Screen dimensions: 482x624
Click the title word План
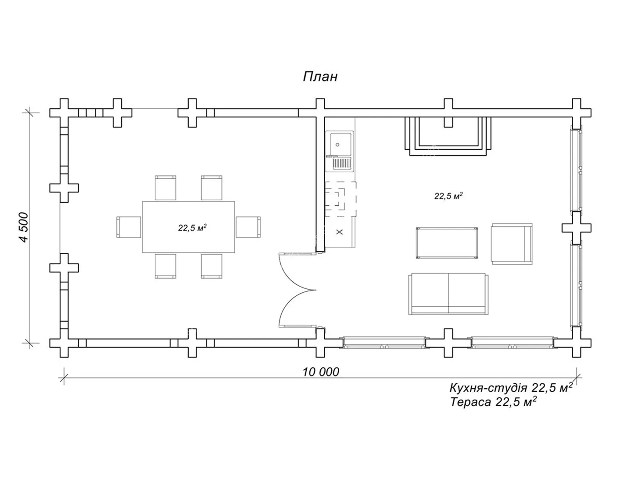[x=320, y=77]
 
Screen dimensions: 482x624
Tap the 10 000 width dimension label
[x=321, y=372]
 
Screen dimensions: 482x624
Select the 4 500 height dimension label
[x=24, y=227]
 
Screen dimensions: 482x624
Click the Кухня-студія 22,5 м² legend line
[x=511, y=387]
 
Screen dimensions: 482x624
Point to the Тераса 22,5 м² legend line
[x=493, y=402]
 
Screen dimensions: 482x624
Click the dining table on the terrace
[x=188, y=239]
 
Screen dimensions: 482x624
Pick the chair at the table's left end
[x=128, y=227]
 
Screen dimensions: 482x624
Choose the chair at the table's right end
[x=248, y=227]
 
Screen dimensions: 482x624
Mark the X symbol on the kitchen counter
[x=340, y=232]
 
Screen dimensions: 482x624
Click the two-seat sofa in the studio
[x=448, y=294]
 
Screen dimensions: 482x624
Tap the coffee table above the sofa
[x=447, y=243]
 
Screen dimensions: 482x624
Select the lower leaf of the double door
[x=297, y=309]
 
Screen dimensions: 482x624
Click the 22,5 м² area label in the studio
[x=448, y=196]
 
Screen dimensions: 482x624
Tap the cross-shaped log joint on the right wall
[x=576, y=228]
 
